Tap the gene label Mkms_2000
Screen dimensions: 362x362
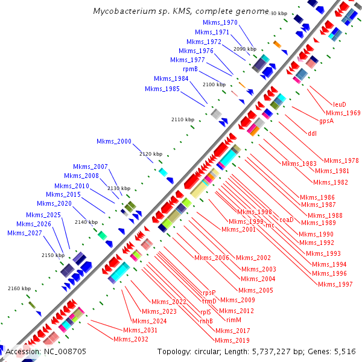point(113,141)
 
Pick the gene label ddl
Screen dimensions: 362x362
point(312,133)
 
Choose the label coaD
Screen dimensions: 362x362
point(286,220)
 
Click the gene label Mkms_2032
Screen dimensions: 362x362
point(131,339)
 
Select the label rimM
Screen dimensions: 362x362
point(233,319)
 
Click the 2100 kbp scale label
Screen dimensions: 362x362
point(214,84)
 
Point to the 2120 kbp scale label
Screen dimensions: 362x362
point(151,154)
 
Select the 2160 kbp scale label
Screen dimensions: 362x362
point(19,288)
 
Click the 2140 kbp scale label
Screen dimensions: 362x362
point(86,222)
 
